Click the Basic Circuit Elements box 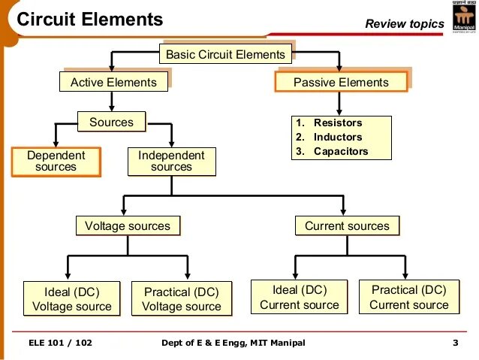pos(225,54)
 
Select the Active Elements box pos(113,82)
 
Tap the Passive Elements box pos(341,82)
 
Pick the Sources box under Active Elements pos(111,122)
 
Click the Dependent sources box pos(56,161)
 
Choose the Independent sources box pos(171,161)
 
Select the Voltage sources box pos(128,225)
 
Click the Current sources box pos(347,225)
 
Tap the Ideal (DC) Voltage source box pos(72,299)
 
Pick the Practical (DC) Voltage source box pos(182,299)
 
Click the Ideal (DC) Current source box pos(300,297)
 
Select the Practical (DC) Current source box pos(409,297)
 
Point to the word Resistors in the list pos(338,123)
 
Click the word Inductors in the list pos(338,137)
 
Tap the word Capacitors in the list pos(341,151)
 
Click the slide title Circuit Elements pos(89,20)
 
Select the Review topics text pos(405,24)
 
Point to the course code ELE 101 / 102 pos(60,343)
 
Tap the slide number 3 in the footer pos(455,343)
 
